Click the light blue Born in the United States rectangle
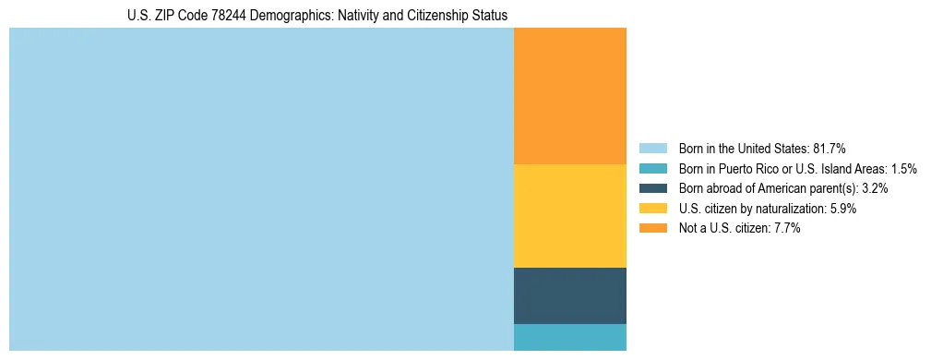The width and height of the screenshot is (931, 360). (x=261, y=189)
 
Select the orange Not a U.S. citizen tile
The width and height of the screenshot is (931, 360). (x=569, y=96)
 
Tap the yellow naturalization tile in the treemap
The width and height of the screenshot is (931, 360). (x=569, y=216)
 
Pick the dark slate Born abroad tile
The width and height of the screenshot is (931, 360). (x=569, y=295)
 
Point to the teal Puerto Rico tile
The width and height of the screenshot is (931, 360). (x=569, y=337)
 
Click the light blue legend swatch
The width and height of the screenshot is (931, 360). (x=652, y=148)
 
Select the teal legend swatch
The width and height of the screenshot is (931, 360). (x=652, y=168)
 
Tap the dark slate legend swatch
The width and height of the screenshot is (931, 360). (x=652, y=188)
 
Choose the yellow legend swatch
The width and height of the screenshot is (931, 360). (x=652, y=209)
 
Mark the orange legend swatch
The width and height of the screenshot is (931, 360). (x=652, y=228)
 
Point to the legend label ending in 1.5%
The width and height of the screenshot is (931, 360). (x=797, y=168)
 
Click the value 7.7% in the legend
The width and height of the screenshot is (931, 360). (x=787, y=228)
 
